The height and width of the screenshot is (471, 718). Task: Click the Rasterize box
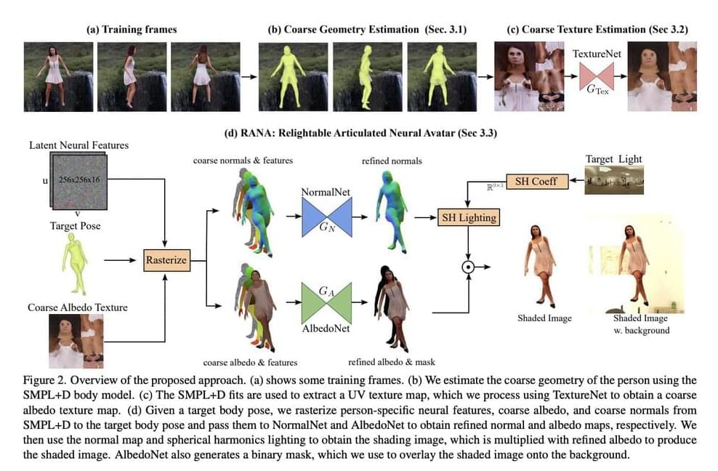166,259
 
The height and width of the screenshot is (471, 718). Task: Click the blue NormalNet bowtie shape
327,217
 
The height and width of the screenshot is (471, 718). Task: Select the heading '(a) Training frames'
132,30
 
